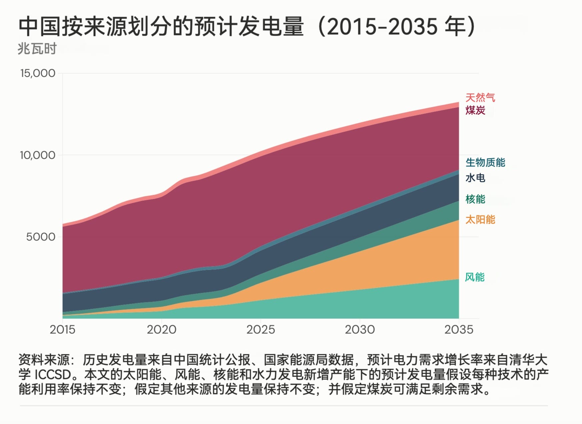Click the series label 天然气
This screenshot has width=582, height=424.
pos(480,98)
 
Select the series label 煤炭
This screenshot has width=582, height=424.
pos(475,110)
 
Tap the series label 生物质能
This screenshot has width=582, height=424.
pos(485,163)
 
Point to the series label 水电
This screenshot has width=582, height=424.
pos(475,178)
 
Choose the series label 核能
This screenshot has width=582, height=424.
pos(475,199)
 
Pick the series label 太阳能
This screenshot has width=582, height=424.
pos(480,220)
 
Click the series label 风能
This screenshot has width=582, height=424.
pos(475,277)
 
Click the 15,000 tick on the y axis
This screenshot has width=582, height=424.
pos(38,73)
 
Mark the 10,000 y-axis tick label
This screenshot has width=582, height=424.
pos(38,155)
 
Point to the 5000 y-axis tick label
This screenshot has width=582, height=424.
pos(41,237)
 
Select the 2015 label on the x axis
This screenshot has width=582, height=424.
pos(63,330)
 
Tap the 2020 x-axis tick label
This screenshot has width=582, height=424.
pos(162,330)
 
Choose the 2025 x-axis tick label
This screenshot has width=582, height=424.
pos(261,330)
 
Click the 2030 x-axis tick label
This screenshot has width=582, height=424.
pos(360,330)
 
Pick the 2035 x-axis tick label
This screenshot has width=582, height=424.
pos(459,330)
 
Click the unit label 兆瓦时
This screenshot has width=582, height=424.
pos(37,49)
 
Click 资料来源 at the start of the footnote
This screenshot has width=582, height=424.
pos(44,360)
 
